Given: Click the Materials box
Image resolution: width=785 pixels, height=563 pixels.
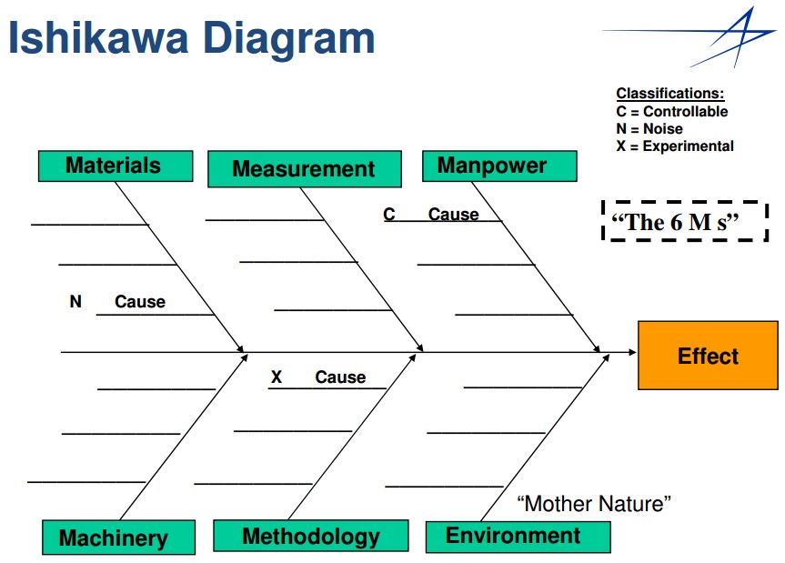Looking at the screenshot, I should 115,166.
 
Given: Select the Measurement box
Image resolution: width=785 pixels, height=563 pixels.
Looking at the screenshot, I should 304,169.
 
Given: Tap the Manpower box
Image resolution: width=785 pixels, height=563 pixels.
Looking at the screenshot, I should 498,166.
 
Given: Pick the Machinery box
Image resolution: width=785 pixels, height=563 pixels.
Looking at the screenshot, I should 118,538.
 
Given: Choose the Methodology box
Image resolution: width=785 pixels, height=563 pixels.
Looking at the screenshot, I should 310,536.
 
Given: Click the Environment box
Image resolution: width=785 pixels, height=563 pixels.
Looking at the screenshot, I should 517,536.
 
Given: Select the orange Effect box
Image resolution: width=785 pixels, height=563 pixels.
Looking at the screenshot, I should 708,355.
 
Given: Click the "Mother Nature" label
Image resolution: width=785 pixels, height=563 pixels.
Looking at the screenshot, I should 594,503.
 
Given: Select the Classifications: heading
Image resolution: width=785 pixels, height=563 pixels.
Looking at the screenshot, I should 670,94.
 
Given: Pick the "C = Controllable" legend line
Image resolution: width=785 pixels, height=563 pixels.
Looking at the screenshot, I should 672,111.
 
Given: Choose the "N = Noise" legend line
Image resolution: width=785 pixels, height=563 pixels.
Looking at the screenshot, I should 649,128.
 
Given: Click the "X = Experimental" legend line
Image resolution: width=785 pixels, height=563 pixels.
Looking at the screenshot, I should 675,146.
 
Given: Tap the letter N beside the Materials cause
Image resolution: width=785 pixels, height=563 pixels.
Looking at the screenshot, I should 75,301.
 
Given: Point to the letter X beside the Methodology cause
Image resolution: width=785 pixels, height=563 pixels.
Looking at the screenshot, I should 277,377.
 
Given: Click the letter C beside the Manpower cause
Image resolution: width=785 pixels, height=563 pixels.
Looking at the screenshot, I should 389,215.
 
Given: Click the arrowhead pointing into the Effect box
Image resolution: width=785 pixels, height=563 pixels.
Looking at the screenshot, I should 629,352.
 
